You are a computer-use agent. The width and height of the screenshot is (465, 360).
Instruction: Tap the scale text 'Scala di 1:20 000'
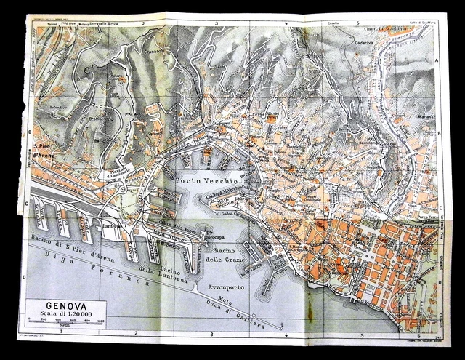(65, 314)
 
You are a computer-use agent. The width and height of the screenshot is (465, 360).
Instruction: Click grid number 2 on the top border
(144, 24)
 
